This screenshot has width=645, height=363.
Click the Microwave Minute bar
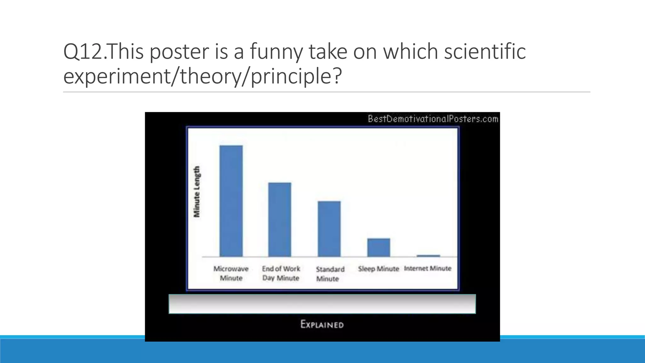click(231, 201)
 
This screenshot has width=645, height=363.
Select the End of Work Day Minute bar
click(280, 220)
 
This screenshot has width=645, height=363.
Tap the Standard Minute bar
click(329, 229)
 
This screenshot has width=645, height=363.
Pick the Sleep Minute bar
click(379, 247)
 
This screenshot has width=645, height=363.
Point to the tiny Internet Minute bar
click(428, 256)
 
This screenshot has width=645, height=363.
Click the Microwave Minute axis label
click(231, 273)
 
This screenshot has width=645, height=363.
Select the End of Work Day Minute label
click(281, 273)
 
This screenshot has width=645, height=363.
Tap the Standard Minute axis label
click(330, 274)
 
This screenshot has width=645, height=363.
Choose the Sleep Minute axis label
click(379, 269)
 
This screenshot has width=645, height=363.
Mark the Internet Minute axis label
click(428, 268)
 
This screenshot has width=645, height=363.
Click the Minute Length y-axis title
click(197, 192)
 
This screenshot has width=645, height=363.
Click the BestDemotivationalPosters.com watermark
click(433, 119)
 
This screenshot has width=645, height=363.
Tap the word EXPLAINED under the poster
click(322, 324)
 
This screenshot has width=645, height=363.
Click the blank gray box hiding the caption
click(322, 304)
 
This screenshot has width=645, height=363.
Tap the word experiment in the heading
click(117, 77)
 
